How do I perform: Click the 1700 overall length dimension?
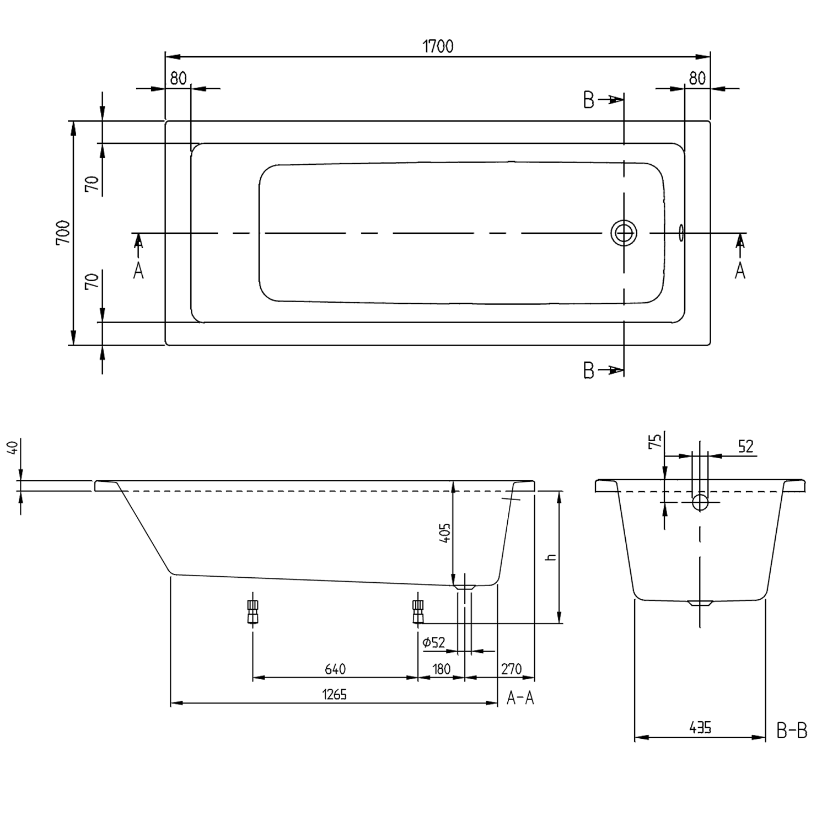click(x=438, y=46)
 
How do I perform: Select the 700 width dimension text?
click(x=63, y=233)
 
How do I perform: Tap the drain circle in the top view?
click(x=624, y=233)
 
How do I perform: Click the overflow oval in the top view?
click(x=681, y=233)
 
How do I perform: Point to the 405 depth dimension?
click(x=445, y=533)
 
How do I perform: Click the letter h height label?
click(x=549, y=558)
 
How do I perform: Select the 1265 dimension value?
click(x=335, y=695)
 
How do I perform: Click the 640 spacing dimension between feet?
click(x=335, y=669)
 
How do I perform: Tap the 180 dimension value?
click(x=441, y=669)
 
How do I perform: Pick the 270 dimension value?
click(x=511, y=669)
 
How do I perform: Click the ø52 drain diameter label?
click(x=434, y=642)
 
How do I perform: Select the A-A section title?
click(x=520, y=699)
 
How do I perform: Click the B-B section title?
click(x=792, y=732)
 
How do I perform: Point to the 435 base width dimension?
click(x=700, y=728)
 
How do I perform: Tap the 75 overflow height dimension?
click(x=656, y=441)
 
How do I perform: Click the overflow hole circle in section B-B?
click(x=700, y=502)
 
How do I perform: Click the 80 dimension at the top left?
click(x=178, y=78)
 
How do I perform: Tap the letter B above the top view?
click(x=588, y=100)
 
